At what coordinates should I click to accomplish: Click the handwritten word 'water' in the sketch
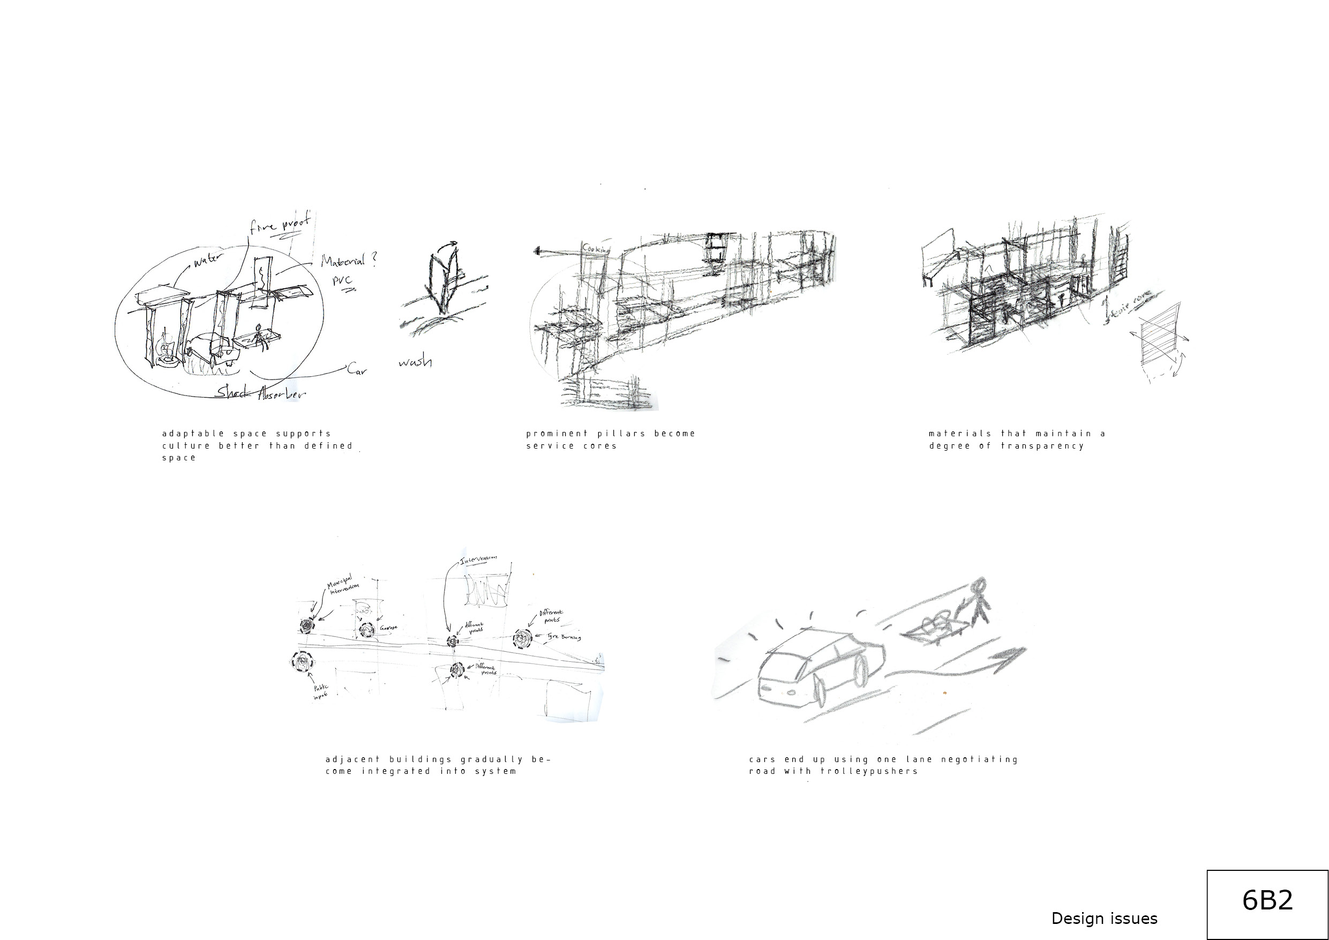point(207,260)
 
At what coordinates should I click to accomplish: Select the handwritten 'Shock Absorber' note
point(260,393)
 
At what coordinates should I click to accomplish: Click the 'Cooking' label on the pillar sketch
point(596,249)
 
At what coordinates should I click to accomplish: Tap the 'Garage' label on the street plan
point(388,628)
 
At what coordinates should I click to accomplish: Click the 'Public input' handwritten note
point(321,691)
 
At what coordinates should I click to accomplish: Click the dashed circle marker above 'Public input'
point(302,662)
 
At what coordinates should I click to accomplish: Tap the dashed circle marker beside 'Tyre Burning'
point(523,639)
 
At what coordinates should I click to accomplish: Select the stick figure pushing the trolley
point(978,602)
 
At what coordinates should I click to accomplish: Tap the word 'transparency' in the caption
point(1042,446)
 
